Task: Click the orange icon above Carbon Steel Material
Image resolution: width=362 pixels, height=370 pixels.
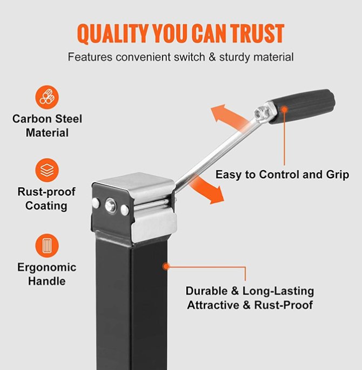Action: coord(48,97)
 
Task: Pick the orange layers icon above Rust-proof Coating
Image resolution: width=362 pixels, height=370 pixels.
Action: coord(48,170)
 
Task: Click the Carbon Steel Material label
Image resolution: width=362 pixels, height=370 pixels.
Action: coord(48,125)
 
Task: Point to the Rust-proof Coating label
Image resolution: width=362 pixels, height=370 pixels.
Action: coord(46,199)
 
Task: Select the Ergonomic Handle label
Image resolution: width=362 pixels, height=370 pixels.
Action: coord(47,274)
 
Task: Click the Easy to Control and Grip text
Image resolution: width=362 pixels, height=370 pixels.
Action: coord(282,174)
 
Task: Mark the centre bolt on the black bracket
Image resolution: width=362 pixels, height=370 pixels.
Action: coord(110,205)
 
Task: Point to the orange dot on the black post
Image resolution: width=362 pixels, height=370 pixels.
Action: coord(166,266)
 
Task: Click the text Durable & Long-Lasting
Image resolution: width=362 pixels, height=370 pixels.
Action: coord(250,291)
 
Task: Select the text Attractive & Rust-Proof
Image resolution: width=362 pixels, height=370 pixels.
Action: coord(250,305)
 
